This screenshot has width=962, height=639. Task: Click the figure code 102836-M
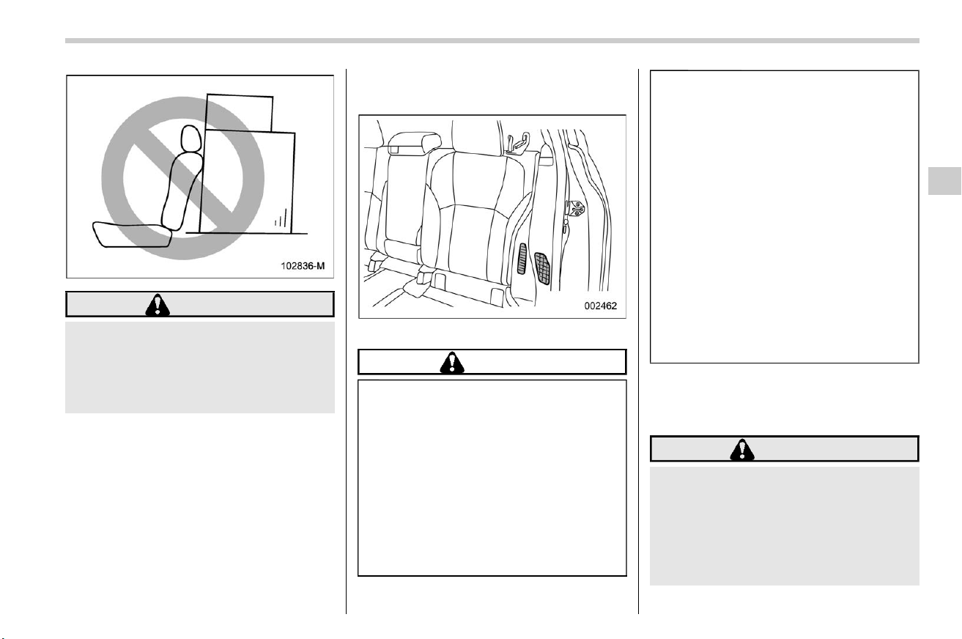(303, 266)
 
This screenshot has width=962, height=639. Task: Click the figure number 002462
(600, 306)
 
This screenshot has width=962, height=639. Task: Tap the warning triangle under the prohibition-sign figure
(158, 305)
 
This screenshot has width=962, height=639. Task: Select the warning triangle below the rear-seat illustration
(452, 363)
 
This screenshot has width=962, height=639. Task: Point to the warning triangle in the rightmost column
(742, 450)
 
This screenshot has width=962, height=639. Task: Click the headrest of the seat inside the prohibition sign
(190, 138)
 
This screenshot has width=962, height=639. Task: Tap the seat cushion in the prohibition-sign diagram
(132, 234)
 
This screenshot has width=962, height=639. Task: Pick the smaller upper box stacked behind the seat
(239, 113)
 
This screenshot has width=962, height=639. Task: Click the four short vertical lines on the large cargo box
(281, 218)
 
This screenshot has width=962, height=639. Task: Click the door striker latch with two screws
(575, 208)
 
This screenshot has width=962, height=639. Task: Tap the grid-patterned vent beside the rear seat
(542, 269)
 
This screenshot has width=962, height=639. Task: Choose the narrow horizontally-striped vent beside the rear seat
(522, 259)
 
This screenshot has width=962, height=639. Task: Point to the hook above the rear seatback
(517, 143)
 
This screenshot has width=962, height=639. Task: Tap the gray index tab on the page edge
(944, 181)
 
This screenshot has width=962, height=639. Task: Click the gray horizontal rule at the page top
(492, 41)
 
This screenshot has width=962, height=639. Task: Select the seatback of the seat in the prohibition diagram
(182, 191)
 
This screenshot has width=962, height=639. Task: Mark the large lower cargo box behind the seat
(248, 182)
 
